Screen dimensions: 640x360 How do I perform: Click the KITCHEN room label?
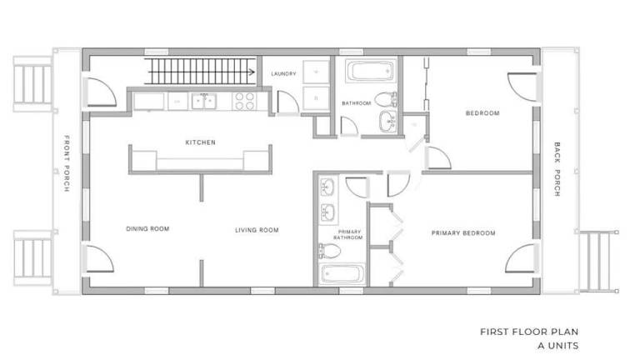pos(200,142)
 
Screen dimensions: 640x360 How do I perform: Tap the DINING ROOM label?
pos(147,229)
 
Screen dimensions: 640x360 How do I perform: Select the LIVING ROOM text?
pos(257,230)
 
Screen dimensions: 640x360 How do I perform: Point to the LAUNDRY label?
pos(283,74)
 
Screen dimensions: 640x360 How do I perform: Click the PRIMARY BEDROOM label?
pos(463,233)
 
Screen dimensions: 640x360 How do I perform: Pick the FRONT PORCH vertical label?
pos(67,163)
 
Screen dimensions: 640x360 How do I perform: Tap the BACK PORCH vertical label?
pos(557,169)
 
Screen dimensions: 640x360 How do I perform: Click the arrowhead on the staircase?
pos(252,72)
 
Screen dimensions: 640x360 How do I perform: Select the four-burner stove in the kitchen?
pos(244,101)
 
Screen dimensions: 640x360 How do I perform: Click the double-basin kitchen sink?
pos(204,101)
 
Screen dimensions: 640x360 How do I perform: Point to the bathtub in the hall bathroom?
pos(371,71)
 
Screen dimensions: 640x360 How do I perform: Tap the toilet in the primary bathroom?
pos(330,251)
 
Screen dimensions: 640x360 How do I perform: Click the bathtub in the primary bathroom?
pos(342,274)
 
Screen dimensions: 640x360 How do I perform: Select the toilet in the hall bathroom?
pos(385,99)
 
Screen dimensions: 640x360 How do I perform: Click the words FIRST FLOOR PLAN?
pos(529,332)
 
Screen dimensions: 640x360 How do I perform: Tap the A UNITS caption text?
pos(558,346)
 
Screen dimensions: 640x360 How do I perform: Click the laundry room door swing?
pos(288,102)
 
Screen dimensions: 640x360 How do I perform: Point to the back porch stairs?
pos(599,262)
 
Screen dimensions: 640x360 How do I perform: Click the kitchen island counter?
pos(200,160)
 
